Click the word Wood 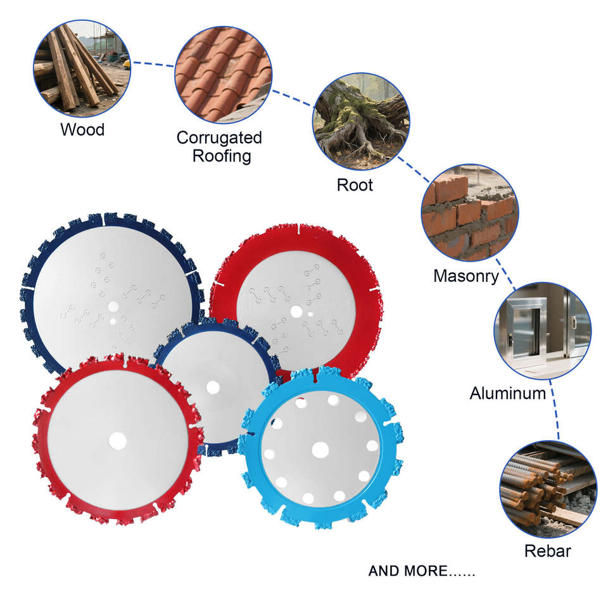pos(82,130)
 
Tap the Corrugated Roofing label pos(218,146)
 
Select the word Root pos(355,185)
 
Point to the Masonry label pos(466,276)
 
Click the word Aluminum pos(507,393)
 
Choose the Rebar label pos(547,551)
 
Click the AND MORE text pos(421,571)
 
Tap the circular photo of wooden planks pos(82,66)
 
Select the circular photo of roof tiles pos(223,75)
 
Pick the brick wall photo pos(469,213)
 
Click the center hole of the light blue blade pos(320,450)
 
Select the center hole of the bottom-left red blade pos(117,440)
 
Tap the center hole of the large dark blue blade pos(113,306)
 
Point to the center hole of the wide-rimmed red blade pos(295,312)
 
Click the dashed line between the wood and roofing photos pos(152,64)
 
